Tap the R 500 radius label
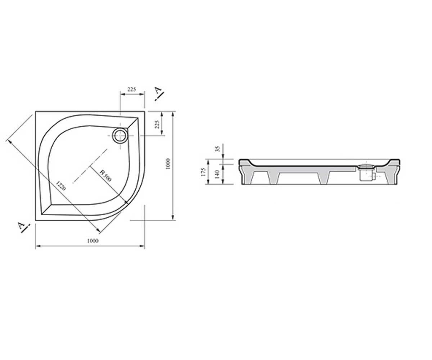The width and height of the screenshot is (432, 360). (x=105, y=176)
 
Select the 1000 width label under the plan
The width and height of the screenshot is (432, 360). (x=93, y=241)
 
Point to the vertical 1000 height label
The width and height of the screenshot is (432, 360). (x=168, y=164)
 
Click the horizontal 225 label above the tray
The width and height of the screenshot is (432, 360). (x=132, y=89)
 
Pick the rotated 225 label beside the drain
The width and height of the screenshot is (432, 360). (x=157, y=124)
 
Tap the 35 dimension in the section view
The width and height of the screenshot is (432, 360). (x=217, y=149)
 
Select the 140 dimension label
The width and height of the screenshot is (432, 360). (x=217, y=174)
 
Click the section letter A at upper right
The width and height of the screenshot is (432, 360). (x=158, y=90)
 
